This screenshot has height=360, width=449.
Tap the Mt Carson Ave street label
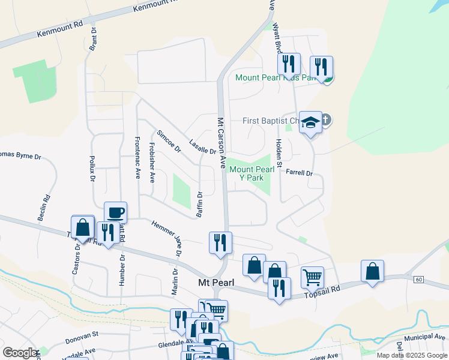221,143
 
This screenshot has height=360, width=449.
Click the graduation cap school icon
310,122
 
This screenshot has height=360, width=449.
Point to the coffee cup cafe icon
116,213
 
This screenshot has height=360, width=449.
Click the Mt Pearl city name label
216,283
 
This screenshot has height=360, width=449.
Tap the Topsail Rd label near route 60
322,289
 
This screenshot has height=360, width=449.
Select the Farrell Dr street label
300,173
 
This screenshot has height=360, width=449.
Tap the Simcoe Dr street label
169,141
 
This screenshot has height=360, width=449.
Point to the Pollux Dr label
93,169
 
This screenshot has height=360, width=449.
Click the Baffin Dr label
200,204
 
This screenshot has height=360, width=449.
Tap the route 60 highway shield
418,280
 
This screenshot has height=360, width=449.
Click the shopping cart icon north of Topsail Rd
312,278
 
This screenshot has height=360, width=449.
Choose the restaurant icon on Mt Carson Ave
220,242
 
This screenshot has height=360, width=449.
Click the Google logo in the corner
20,353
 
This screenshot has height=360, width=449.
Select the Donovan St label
82,340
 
